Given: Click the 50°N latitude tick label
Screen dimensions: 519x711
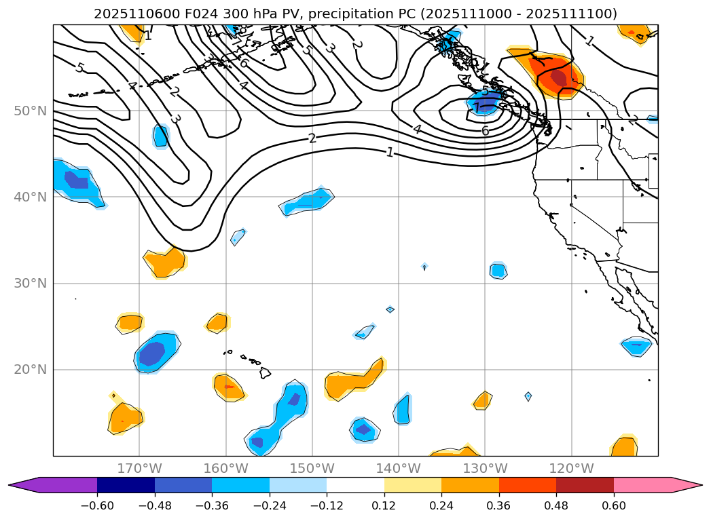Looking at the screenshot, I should point(30,111).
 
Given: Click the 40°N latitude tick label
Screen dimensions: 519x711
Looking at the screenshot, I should point(30,197).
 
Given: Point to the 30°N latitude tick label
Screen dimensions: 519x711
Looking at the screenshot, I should point(30,283).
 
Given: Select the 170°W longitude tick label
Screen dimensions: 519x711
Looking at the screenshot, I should point(139,468).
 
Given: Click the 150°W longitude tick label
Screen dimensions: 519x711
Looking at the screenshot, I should point(312,468).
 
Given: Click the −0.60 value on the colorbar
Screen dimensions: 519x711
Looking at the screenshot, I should point(97,505).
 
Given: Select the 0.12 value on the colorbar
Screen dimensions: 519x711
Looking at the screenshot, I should point(384,505).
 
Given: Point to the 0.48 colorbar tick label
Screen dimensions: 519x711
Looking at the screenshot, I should point(556,505).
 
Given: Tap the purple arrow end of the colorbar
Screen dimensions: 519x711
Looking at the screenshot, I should point(24,484).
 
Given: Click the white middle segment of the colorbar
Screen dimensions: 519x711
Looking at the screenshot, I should point(355,484).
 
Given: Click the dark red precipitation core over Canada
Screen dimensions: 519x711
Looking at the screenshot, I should point(559,78).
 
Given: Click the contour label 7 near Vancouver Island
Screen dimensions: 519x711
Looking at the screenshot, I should point(477,107).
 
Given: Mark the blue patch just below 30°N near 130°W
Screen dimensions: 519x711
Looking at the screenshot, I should point(498,271).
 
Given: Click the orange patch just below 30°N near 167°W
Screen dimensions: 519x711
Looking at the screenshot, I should point(165,262).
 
